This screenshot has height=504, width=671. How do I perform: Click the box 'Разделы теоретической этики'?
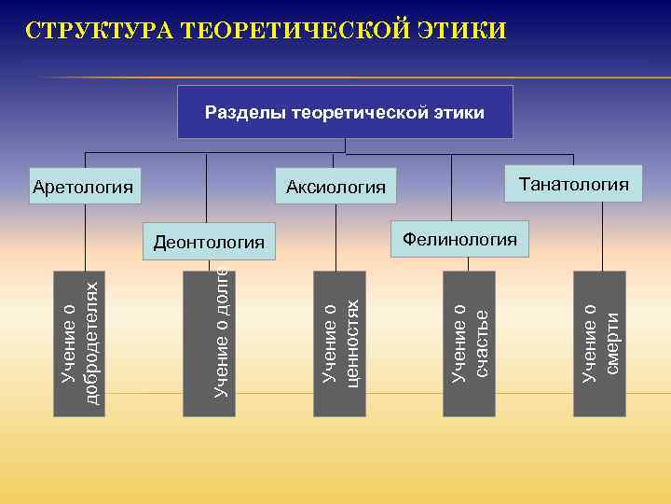tap(345, 112)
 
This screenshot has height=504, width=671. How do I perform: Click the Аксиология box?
tap(335, 188)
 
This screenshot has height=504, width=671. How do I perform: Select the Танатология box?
tap(573, 184)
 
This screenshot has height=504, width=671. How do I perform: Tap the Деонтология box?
tap(209, 243)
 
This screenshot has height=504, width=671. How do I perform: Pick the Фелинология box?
tap(459, 239)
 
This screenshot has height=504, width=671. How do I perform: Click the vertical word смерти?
tap(611, 343)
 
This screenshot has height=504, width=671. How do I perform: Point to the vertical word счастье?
tap(481, 343)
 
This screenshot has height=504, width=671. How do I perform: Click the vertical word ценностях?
tap(351, 343)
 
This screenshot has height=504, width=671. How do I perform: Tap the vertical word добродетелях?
tap(91, 343)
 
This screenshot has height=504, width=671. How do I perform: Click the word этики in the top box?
tap(459, 113)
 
